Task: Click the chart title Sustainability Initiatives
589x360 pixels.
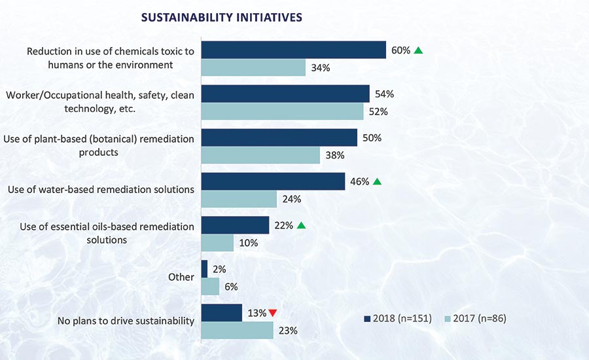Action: (x=221, y=18)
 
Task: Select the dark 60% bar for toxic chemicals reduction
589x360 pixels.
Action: (x=293, y=50)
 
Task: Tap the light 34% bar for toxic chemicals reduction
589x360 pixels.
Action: (x=253, y=67)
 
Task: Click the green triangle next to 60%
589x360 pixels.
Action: (x=419, y=50)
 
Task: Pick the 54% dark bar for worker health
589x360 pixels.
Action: (x=285, y=94)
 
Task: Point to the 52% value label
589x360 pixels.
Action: (x=378, y=111)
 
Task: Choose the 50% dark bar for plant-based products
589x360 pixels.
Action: (x=279, y=137)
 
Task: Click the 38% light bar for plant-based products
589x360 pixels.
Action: (x=260, y=155)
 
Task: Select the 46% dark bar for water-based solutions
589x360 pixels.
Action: (x=273, y=181)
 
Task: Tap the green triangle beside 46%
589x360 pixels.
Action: (x=377, y=181)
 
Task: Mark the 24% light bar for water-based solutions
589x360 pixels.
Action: (x=239, y=199)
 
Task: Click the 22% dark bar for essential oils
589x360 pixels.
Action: (x=235, y=225)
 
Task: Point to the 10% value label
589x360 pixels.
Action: (x=249, y=243)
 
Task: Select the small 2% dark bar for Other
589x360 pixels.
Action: (x=204, y=269)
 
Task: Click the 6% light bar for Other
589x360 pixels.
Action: (x=210, y=287)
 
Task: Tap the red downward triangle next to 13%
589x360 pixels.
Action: (x=272, y=313)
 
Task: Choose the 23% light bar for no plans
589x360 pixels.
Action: (x=237, y=331)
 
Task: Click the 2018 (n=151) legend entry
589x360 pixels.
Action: (x=397, y=318)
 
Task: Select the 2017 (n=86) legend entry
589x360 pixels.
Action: (x=475, y=318)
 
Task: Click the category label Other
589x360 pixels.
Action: (x=181, y=277)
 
